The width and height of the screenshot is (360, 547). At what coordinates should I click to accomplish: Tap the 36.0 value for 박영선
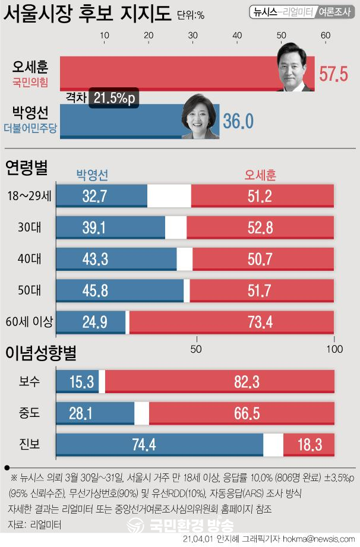(238, 121)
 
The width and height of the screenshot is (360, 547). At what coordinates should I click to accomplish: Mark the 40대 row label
(30, 259)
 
